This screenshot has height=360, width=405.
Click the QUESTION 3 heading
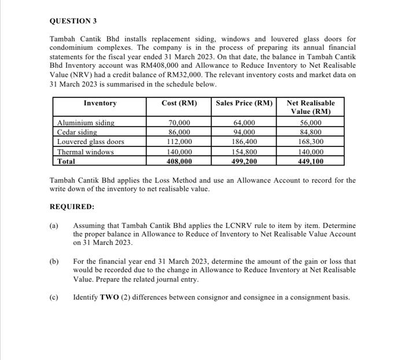(x=73, y=21)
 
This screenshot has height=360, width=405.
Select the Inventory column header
(x=100, y=103)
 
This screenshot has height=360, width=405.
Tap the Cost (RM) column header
(x=179, y=103)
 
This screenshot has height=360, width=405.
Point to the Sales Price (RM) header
(x=244, y=103)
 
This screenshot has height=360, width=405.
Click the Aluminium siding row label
(x=85, y=123)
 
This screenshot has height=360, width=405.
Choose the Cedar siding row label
(x=76, y=132)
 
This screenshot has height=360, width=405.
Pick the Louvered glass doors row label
(x=90, y=142)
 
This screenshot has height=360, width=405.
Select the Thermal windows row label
(x=85, y=152)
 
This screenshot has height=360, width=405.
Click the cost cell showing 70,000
(x=179, y=123)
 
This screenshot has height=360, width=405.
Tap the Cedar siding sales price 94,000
(x=244, y=132)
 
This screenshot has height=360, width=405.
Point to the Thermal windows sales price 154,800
(x=244, y=152)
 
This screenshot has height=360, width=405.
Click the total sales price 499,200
(x=244, y=161)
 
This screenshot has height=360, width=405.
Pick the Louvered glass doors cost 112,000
(x=179, y=142)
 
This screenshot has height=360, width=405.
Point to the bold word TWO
(x=110, y=297)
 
